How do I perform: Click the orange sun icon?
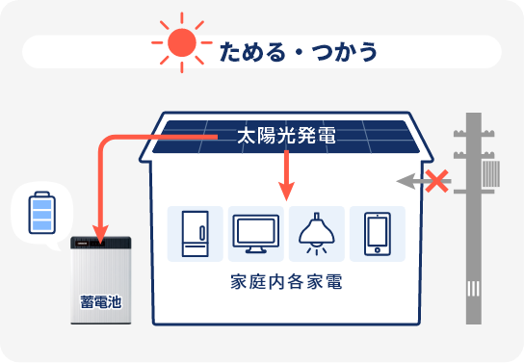point(180,43)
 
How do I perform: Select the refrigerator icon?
point(195,233)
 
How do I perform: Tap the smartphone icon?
point(377,233)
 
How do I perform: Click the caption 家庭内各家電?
point(287,285)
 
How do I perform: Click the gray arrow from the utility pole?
point(412,179)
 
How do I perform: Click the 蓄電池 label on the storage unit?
point(101,301)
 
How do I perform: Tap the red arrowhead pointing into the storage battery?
point(99,228)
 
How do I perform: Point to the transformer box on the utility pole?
point(493,174)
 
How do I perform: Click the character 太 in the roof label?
point(247,138)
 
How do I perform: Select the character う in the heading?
point(368,48)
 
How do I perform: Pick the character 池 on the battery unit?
point(116,301)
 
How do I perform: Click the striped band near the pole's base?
point(473,289)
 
